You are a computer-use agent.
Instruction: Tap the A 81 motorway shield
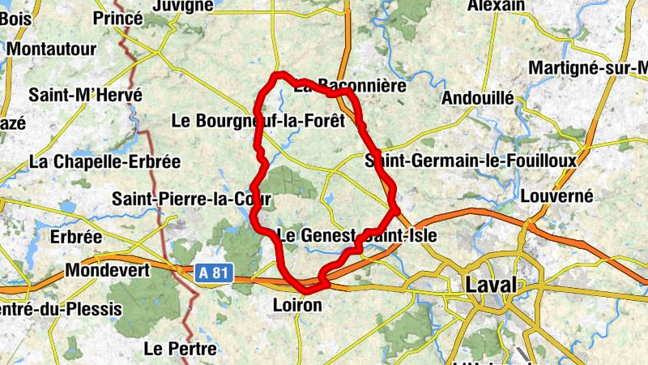[213, 274]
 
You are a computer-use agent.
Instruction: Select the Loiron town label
[299, 306]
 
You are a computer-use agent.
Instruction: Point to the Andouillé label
[478, 98]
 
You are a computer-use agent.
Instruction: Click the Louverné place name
[556, 195]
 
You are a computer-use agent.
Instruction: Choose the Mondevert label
[108, 269]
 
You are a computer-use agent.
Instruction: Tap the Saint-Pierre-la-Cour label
[179, 198]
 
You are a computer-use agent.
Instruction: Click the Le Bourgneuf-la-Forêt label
[258, 121]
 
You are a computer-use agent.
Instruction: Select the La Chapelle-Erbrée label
[104, 161]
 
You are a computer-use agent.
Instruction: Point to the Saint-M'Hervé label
[85, 95]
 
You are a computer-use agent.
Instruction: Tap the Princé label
[118, 18]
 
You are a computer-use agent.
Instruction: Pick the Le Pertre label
[180, 350]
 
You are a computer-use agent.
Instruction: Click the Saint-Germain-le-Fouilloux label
[471, 161]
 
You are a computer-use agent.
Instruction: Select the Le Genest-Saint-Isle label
[357, 236]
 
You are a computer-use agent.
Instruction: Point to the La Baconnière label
[349, 84]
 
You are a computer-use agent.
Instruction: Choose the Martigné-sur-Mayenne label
[587, 67]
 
